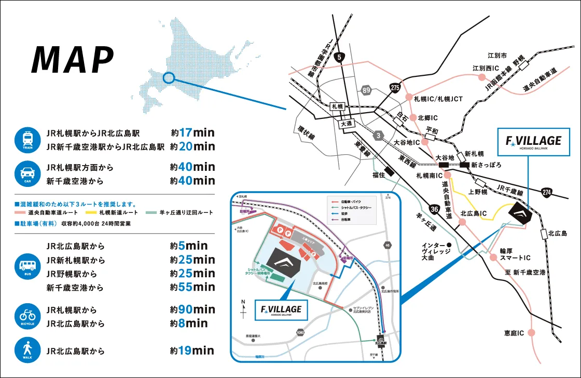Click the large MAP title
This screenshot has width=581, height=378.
click(73, 60)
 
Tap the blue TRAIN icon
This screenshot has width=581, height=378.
click(27, 139)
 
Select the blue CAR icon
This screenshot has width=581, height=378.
click(27, 173)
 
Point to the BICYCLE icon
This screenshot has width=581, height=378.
click(27, 316)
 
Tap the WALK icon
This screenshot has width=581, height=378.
click(27, 350)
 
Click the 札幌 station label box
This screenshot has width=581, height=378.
click(338, 106)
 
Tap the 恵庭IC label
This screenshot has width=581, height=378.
click(514, 332)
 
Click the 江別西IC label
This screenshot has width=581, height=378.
click(486, 68)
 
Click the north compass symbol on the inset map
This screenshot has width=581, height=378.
click(244, 309)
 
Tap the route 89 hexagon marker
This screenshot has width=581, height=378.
click(366, 91)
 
